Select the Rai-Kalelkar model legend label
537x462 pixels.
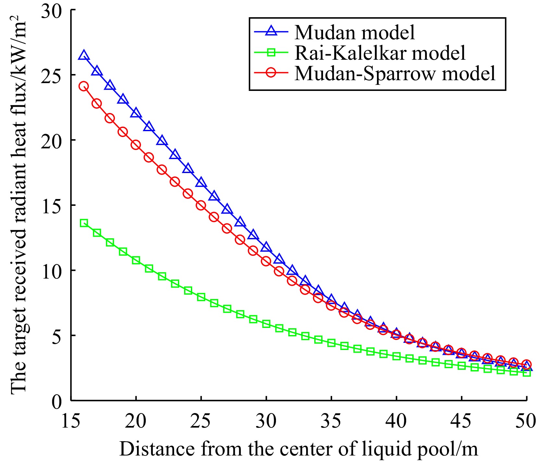coord(380,53)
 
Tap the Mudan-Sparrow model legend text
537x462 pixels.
coord(395,73)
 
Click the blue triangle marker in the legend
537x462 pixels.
coord(271,31)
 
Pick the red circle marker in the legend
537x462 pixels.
coord(271,72)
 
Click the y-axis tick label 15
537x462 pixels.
coord(51,206)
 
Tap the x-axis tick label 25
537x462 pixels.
coord(201,421)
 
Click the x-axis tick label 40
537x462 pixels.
coord(396,421)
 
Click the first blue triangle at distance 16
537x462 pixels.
coord(84,55)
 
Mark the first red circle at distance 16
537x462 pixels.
coord(84,86)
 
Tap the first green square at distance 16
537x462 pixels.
coord(84,223)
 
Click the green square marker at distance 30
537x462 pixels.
coord(266,324)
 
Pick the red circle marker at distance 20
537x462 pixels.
coord(136,145)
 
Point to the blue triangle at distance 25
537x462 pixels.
coord(201,183)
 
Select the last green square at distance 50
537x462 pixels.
coord(527,373)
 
